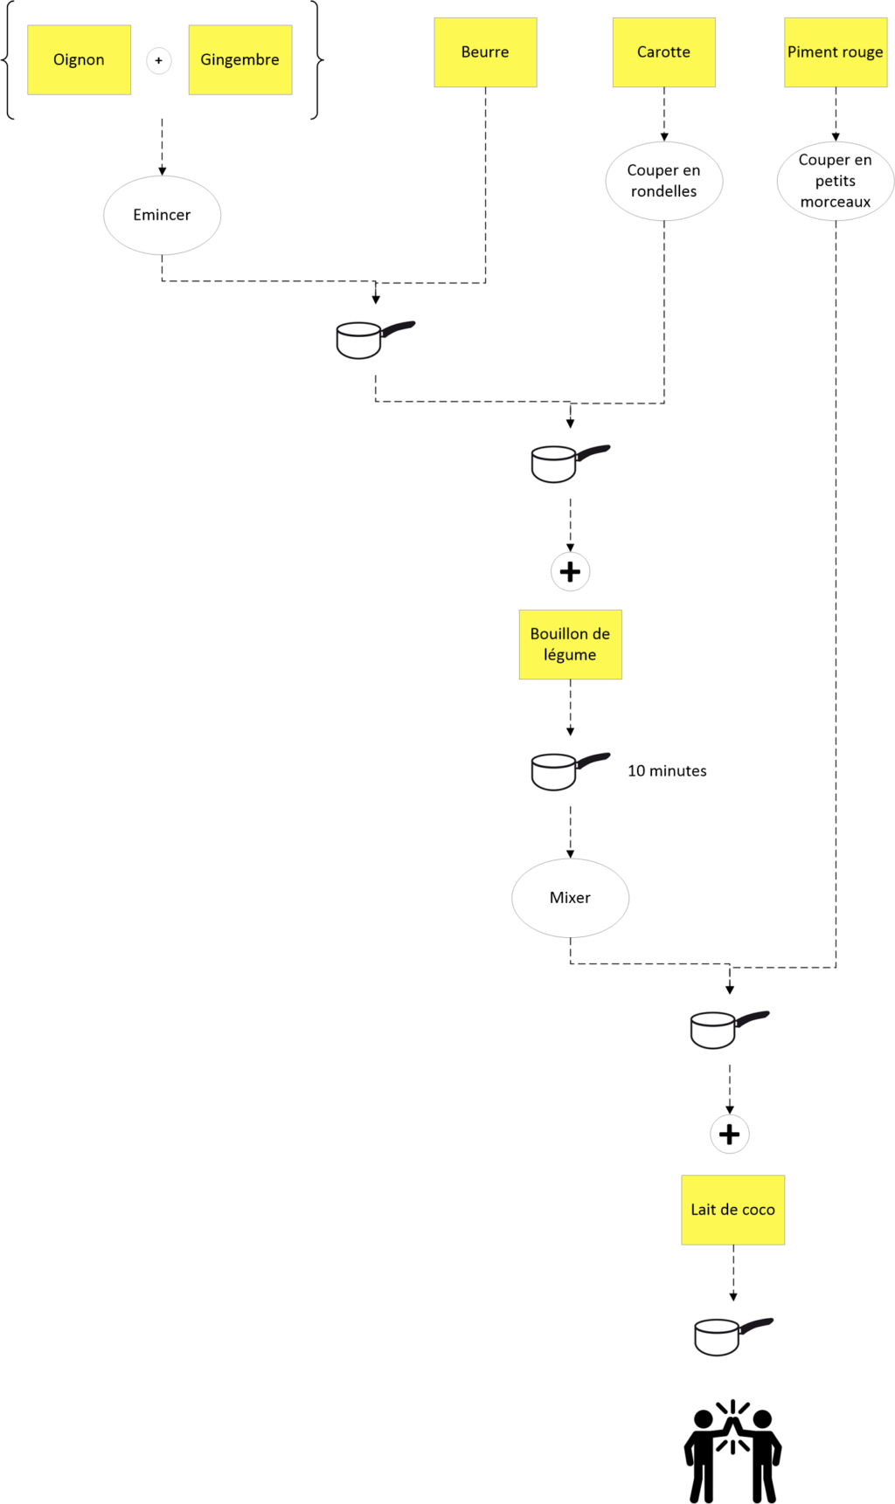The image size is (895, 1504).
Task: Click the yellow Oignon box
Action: click(x=80, y=59)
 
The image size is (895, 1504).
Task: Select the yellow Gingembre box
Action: click(x=240, y=59)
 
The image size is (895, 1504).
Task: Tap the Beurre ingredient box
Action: click(x=485, y=52)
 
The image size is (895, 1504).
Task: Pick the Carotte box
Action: click(x=664, y=52)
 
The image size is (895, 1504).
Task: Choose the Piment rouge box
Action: click(x=836, y=52)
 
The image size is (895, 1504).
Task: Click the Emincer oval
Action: click(x=162, y=215)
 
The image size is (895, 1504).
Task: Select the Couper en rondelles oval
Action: click(x=664, y=181)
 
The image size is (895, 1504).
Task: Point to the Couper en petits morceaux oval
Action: click(x=836, y=181)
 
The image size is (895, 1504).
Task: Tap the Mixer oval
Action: click(x=570, y=898)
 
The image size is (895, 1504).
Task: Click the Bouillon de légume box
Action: click(x=571, y=645)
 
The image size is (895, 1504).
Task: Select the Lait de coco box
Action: click(x=733, y=1210)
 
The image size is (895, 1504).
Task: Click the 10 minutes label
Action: click(x=667, y=770)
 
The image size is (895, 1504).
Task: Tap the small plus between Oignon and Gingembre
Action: click(x=158, y=60)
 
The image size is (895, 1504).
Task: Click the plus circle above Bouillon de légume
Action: click(x=571, y=572)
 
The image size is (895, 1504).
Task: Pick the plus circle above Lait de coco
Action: click(x=730, y=1135)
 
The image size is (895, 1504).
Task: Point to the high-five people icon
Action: click(x=732, y=1452)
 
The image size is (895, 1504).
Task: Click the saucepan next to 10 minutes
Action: click(x=570, y=770)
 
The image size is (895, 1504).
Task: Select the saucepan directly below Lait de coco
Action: click(x=733, y=1336)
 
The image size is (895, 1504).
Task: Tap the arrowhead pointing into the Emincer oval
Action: click(x=162, y=171)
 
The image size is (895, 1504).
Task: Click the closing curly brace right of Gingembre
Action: click(x=317, y=60)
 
